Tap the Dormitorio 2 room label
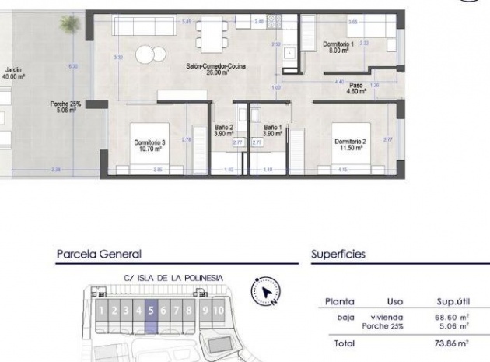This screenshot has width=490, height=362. [349, 145]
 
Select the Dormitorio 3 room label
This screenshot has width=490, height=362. [150, 145]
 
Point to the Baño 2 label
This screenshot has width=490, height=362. [224, 130]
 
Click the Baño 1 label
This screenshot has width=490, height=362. [272, 130]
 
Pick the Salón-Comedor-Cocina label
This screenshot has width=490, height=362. [215, 69]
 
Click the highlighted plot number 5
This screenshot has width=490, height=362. [151, 310]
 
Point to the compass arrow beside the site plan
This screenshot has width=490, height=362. [266, 292]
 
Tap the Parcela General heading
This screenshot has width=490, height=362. [99, 254]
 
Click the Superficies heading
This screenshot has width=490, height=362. [339, 254]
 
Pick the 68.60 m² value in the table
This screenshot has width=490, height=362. [452, 317]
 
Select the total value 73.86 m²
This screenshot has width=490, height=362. [452, 342]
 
